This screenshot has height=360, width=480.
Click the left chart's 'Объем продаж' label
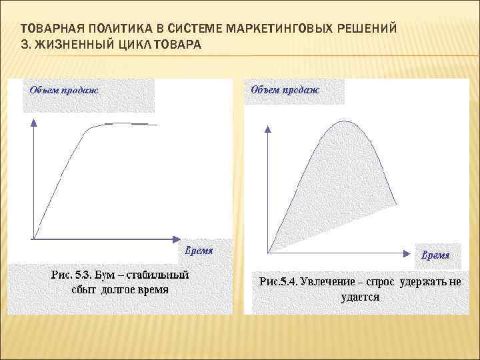62,89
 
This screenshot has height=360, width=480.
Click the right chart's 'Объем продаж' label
285,89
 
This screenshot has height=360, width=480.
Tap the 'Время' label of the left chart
199,251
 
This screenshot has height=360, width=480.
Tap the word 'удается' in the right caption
360,297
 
